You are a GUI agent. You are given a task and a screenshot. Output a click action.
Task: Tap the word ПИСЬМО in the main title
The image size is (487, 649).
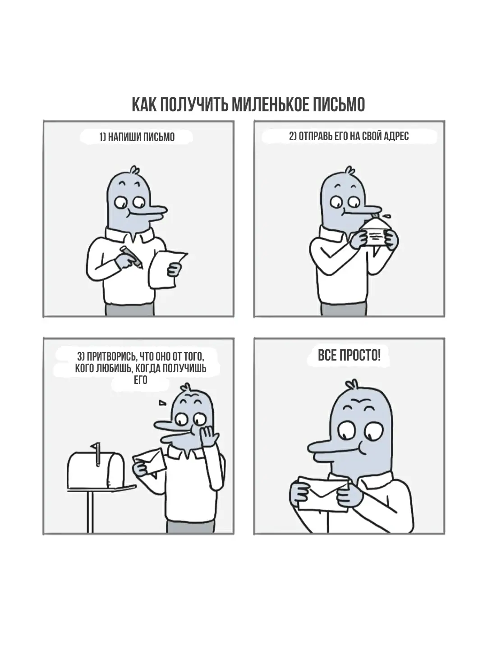point(339,105)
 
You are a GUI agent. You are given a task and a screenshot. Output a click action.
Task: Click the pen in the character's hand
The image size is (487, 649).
point(131,256)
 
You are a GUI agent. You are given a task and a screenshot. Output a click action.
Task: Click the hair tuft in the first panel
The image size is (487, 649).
point(134,170)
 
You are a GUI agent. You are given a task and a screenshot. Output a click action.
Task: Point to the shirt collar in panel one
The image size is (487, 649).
point(129,235)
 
